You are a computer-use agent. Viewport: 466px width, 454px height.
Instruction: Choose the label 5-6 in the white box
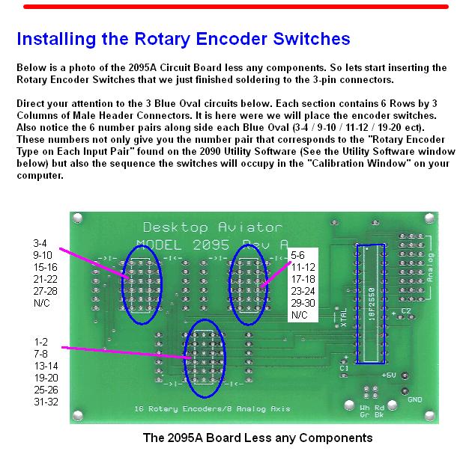(x=297, y=255)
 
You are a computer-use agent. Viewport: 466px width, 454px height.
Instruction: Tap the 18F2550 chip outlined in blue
(x=372, y=303)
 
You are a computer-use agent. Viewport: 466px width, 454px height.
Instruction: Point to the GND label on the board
(x=414, y=399)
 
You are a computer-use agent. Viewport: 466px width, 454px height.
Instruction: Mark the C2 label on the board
(x=405, y=310)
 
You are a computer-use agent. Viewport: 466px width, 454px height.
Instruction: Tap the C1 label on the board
(x=344, y=368)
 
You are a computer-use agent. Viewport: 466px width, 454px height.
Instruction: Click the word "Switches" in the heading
(x=308, y=38)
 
